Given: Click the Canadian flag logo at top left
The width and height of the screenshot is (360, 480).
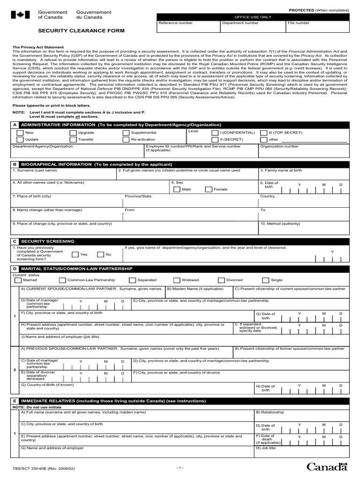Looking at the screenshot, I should (20, 15).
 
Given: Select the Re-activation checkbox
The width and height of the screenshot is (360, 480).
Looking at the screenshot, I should (126, 140).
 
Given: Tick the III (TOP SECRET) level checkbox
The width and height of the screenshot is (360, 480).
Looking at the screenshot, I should (263, 133).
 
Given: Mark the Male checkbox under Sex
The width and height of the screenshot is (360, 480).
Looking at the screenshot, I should (176, 189).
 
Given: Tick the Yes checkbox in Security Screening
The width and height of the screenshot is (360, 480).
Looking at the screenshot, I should (75, 255).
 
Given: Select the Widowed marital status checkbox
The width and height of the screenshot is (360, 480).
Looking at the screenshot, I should (176, 280).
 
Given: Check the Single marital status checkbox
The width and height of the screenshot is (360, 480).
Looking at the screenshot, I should (266, 280).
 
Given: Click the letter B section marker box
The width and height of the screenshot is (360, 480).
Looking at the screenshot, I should (15, 165).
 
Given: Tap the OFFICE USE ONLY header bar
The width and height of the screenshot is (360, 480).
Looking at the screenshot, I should (253, 16).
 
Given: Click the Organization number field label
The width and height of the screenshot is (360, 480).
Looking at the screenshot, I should (279, 146).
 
